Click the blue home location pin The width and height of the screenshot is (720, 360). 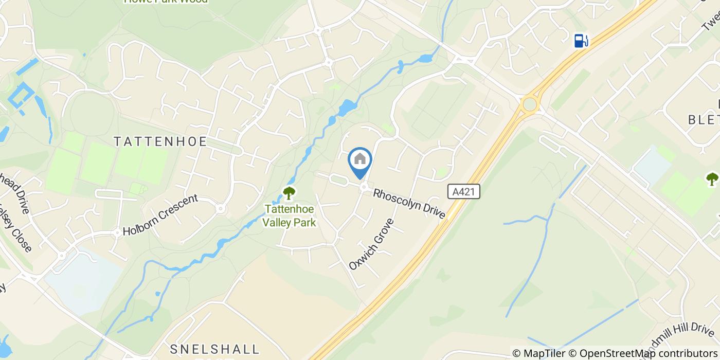[360, 160]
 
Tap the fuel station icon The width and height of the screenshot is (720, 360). [581, 40]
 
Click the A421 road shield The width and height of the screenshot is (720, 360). [463, 192]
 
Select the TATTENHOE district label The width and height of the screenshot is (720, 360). [160, 141]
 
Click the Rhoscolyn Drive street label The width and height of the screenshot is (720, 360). [409, 203]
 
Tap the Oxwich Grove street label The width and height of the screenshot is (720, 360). [371, 244]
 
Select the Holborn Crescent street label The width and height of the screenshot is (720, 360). [160, 215]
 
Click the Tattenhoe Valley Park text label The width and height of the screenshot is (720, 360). [290, 215]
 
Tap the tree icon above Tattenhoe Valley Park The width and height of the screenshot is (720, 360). [289, 193]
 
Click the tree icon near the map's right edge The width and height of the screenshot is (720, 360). [712, 179]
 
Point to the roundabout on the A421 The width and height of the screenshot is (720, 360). [529, 104]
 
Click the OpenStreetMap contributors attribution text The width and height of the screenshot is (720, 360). [649, 353]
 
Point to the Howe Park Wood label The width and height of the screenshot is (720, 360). [166, 2]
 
